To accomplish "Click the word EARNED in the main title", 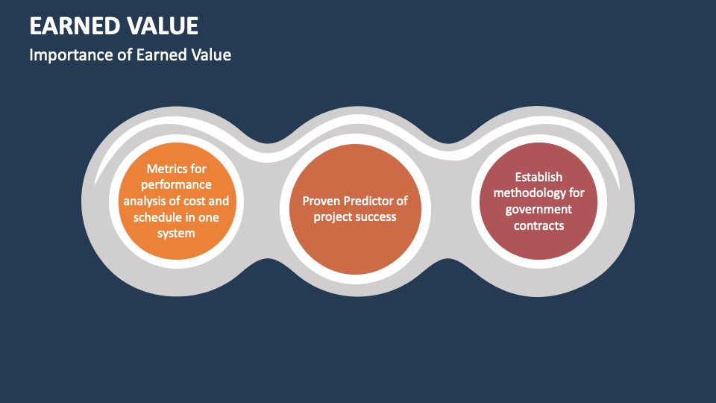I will pyautogui.click(x=73, y=26).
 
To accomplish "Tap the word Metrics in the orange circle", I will pyautogui.click(x=166, y=169).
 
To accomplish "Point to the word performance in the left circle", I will pyautogui.click(x=176, y=184).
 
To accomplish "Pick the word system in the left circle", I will pyautogui.click(x=176, y=234).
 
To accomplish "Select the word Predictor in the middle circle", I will pyautogui.click(x=369, y=201).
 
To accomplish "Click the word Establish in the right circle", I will pyautogui.click(x=538, y=177).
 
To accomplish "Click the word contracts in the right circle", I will pyautogui.click(x=538, y=225).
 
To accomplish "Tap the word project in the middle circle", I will pyautogui.click(x=332, y=217).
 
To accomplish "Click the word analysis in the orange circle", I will pyautogui.click(x=144, y=201).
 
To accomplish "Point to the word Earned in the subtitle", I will pyautogui.click(x=159, y=54).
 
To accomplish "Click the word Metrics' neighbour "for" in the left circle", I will pyautogui.click(x=198, y=169).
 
